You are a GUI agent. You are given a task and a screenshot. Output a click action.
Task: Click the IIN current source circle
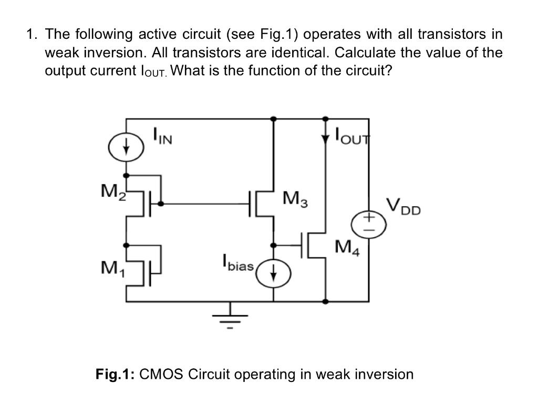(126, 147)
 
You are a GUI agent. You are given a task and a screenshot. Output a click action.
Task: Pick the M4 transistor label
(346, 245)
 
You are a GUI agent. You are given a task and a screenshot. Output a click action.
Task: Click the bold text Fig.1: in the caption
(116, 374)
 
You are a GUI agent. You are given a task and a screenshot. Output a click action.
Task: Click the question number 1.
(33, 35)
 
